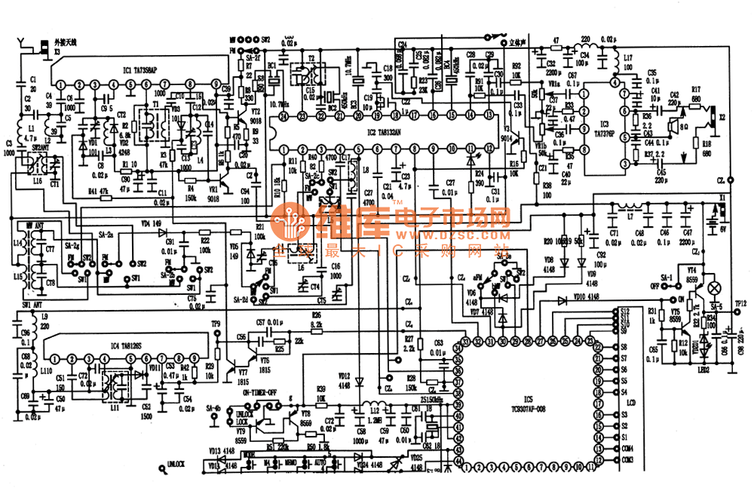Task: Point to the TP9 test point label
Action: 216,324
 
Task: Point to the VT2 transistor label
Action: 256,112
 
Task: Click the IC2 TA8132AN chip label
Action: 385,131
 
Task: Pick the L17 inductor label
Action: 627,59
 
